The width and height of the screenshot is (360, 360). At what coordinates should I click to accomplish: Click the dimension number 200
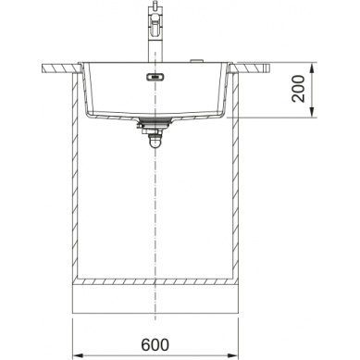click(298, 89)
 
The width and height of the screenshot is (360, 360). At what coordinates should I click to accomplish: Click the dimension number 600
click(155, 344)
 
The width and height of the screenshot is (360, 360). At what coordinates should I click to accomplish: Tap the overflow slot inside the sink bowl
click(155, 77)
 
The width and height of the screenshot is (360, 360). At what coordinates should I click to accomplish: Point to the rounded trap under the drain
click(155, 143)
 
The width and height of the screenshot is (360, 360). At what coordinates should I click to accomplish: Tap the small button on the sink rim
click(196, 60)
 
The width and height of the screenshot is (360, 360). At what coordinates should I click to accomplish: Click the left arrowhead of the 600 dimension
click(76, 355)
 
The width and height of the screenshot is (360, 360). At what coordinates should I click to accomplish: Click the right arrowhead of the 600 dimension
click(234, 355)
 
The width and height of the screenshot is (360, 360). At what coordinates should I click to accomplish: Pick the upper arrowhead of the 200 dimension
click(313, 68)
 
